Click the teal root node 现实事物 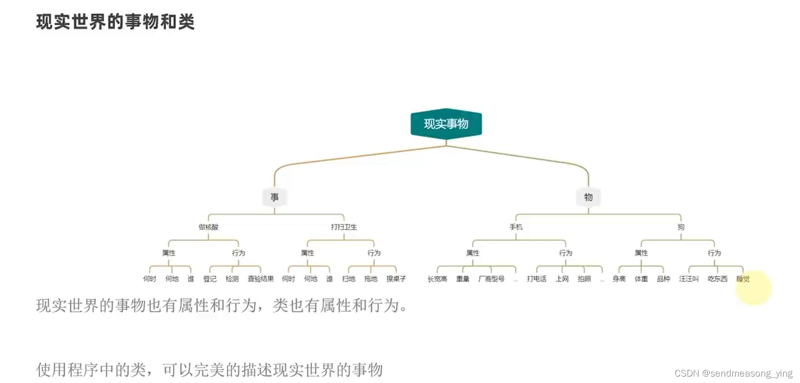(x=446, y=124)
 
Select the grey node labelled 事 (x=275, y=197)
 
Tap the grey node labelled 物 (x=588, y=197)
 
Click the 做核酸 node (x=208, y=227)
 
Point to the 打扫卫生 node (x=344, y=227)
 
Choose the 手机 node (x=516, y=227)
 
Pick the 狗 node (x=681, y=227)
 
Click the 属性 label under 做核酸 (x=169, y=253)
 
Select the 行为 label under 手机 (x=565, y=253)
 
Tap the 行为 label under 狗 (x=714, y=253)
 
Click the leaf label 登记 (x=210, y=279)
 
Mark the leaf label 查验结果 (x=261, y=279)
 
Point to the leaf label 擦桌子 (x=396, y=279)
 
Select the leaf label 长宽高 (x=438, y=279)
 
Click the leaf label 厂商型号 (x=491, y=279)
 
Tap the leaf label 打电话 (x=537, y=279)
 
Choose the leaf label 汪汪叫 (x=689, y=279)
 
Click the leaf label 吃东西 (x=718, y=279)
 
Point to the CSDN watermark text (x=733, y=373)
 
